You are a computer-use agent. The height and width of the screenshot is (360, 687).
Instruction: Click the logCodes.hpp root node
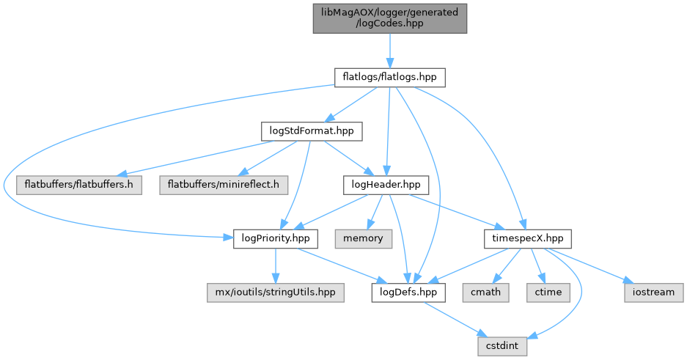point(389,17)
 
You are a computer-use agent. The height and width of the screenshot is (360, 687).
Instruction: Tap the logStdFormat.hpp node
point(312,131)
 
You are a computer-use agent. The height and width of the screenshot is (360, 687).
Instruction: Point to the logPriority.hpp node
point(276,238)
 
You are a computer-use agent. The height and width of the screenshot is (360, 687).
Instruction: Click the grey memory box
point(364,238)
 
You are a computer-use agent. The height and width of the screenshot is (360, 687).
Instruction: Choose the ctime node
point(547,292)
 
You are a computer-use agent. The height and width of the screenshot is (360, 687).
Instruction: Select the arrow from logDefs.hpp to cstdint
point(456,319)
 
